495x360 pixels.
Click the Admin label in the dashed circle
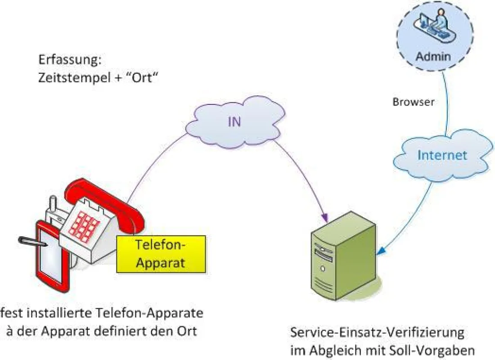point(433,57)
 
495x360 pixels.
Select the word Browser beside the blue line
point(413,102)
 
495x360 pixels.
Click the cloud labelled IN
point(235,122)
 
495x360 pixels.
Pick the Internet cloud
point(442,155)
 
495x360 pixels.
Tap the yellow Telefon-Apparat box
point(161,254)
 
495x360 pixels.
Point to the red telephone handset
point(104,205)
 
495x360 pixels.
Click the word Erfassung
point(70,60)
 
